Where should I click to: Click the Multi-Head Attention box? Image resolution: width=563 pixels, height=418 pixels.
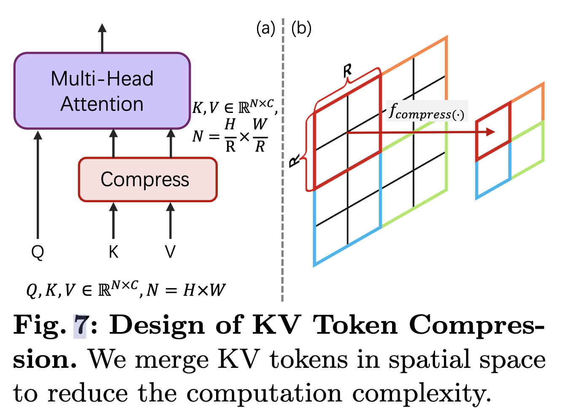(x=102, y=91)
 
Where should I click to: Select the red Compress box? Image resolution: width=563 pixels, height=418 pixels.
(x=148, y=180)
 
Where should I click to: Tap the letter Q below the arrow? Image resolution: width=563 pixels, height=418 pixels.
(x=38, y=252)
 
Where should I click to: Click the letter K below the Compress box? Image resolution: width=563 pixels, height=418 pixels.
(x=114, y=252)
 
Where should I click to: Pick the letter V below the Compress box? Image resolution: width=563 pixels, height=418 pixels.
(x=170, y=252)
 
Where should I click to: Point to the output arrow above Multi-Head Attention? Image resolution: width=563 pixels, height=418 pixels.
(x=102, y=38)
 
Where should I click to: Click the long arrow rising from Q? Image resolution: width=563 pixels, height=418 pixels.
(x=38, y=185)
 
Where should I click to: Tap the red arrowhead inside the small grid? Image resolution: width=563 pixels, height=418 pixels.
(x=490, y=132)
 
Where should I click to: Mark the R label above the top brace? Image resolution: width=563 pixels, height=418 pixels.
(x=347, y=71)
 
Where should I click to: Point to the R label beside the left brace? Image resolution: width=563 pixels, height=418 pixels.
(x=295, y=161)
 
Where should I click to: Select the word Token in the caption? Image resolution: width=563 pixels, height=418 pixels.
(x=355, y=325)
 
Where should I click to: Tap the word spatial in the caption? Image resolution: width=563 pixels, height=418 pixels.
(x=429, y=360)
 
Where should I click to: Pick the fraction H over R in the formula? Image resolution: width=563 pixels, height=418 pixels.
(x=230, y=136)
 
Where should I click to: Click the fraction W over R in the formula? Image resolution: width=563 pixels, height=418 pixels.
(x=260, y=136)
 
